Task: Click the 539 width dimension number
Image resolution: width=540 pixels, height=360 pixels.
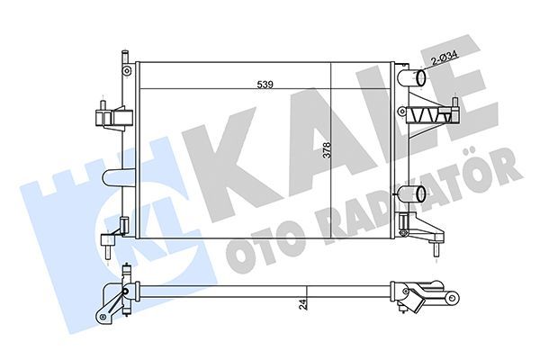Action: coord(265,84)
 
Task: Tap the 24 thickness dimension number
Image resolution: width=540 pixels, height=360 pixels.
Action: coord(305,303)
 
